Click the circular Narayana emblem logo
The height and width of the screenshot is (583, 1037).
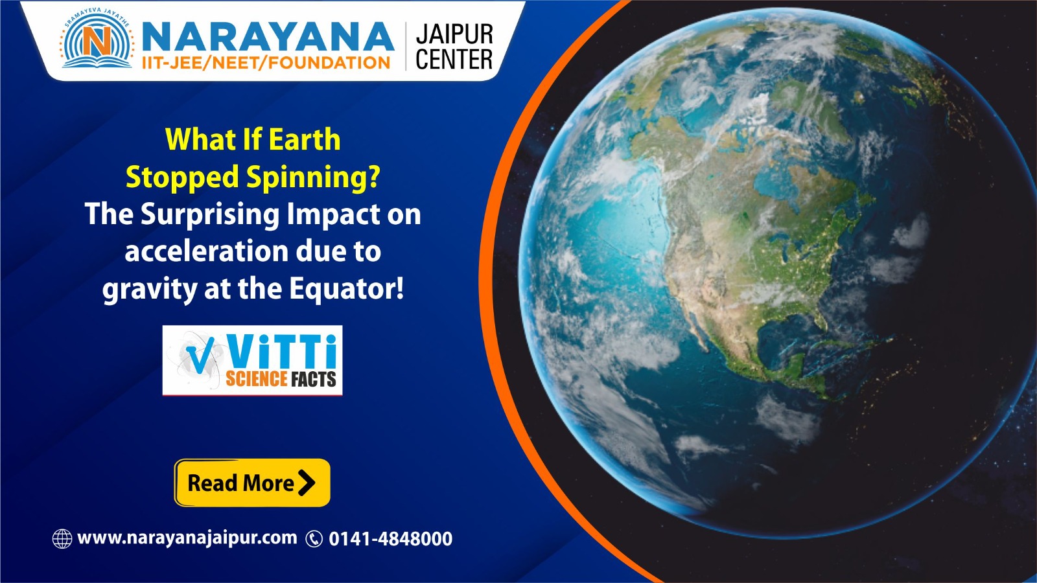[98, 41]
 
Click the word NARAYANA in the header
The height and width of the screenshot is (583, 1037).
[267, 36]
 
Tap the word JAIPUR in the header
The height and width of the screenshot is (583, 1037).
[454, 34]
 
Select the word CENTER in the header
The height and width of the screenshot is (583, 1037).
[454, 60]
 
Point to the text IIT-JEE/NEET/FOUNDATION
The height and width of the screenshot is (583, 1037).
[266, 63]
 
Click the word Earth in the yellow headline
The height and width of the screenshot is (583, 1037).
[304, 139]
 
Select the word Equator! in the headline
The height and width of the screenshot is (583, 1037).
[346, 288]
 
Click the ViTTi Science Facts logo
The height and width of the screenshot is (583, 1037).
[252, 360]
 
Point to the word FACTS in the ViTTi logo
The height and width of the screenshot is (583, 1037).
[314, 379]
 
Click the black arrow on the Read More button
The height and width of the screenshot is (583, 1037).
[307, 483]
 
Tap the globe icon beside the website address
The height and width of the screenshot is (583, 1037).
[62, 538]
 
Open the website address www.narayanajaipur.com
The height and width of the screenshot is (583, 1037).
[187, 538]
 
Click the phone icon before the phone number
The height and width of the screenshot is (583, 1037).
[314, 539]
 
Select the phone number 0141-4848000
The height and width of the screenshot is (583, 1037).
[390, 539]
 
